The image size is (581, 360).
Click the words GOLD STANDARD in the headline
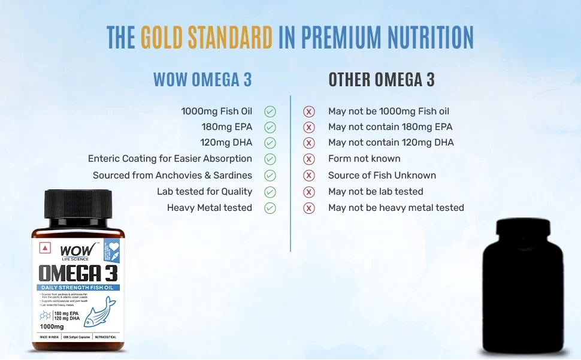[x=206, y=37]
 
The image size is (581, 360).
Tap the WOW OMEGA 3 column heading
[x=202, y=80]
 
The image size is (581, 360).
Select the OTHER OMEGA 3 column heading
[x=382, y=80]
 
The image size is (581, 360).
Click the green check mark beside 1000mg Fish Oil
[x=270, y=111]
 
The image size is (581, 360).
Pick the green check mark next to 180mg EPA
[x=270, y=127]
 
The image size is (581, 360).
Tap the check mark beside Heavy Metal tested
[x=270, y=208]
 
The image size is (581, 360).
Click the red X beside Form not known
[x=309, y=159]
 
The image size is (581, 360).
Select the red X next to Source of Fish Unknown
[x=309, y=176]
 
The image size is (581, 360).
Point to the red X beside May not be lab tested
[x=309, y=192]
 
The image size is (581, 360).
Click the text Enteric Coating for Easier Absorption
[x=170, y=159]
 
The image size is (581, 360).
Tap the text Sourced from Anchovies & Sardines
[x=173, y=176]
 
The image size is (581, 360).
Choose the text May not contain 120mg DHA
[x=391, y=143]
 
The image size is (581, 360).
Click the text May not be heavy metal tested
[x=396, y=208]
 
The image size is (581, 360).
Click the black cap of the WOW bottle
[x=78, y=205]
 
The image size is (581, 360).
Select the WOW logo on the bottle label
[x=71, y=249]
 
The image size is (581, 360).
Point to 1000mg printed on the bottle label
[x=52, y=326]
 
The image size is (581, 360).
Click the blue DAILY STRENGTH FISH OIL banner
[x=78, y=288]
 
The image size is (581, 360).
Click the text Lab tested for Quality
[x=204, y=192]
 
